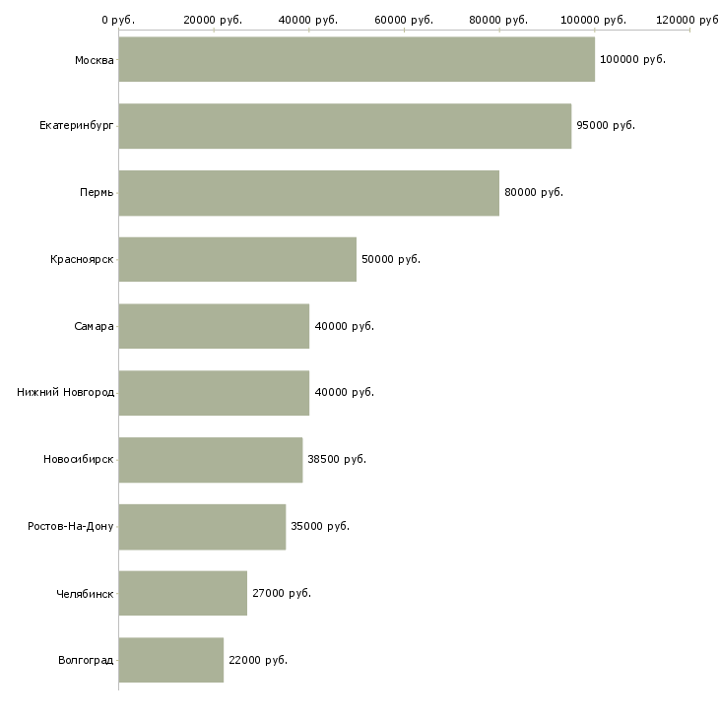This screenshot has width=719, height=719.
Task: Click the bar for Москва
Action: coord(357,59)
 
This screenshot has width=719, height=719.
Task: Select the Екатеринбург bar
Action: coord(345,126)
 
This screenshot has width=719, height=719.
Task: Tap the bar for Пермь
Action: coord(308,192)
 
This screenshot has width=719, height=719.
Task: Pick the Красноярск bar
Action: coord(237,259)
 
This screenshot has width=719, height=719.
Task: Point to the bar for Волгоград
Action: coord(171,659)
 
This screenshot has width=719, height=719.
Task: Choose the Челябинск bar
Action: coord(183,593)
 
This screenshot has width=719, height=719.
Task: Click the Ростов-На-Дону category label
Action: coord(71,526)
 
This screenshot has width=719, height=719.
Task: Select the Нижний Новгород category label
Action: coord(66,392)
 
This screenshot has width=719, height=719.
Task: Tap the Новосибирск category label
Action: coord(79,459)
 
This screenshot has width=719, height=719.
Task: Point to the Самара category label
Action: coord(95,326)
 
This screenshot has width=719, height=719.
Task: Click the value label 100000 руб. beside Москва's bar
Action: coord(632,59)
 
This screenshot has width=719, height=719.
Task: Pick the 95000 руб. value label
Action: coord(606,126)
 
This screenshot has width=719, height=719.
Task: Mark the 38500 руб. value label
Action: coord(337,459)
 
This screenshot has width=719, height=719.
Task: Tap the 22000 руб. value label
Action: coord(258,659)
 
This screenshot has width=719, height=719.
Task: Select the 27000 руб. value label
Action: coord(282,593)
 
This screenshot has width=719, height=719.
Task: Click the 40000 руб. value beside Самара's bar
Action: coord(344,326)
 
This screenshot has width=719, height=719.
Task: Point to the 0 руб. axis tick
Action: coord(118,20)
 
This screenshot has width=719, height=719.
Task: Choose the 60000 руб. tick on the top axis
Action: coord(404,20)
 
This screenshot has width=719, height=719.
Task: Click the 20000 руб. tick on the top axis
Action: coord(214,20)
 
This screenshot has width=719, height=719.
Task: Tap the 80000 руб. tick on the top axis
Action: coord(499,20)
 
